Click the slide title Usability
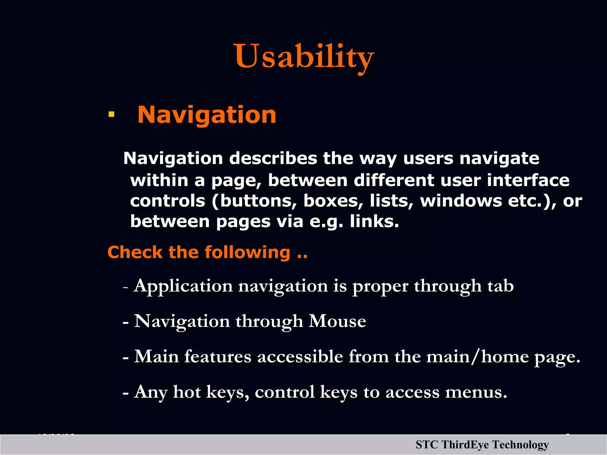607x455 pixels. click(304, 56)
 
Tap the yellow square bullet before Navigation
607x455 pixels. click(111, 114)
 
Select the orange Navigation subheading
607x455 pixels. click(207, 115)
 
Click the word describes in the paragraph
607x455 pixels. click(273, 158)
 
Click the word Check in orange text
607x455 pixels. click(135, 252)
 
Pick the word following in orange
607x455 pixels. click(247, 253)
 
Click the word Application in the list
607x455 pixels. click(183, 286)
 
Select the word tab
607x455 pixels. click(500, 286)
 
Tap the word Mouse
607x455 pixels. click(337, 321)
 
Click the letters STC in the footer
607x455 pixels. click(427, 445)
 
